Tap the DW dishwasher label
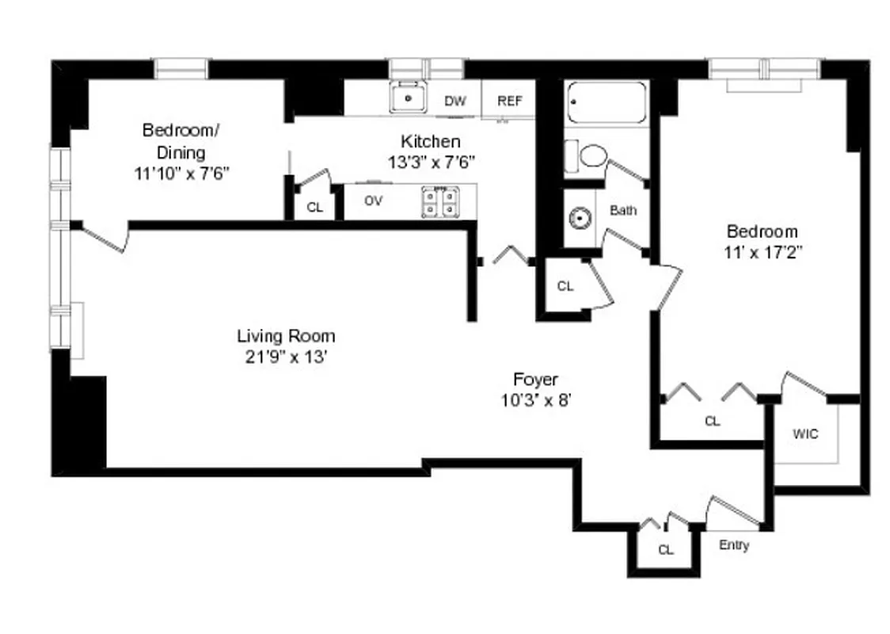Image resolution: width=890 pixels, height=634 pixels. pos(454,101)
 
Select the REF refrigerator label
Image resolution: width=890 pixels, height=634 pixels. pos(508,101)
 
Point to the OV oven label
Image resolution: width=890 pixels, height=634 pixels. pos(374,201)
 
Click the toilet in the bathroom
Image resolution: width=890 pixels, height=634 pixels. pos(591,156)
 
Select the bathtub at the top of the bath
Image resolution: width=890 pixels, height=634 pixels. pos(607,102)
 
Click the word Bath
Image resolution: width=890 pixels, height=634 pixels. pos(623,211)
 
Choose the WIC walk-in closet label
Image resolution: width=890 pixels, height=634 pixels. pos(805,434)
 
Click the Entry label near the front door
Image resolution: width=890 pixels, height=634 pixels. pos(734,546)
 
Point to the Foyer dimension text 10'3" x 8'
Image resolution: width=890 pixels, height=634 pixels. pos(536,400)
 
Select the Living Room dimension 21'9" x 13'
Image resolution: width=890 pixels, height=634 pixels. pos(286,357)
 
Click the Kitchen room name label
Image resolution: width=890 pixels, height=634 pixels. pos(430,142)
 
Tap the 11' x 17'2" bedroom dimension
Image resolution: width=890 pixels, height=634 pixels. pos(763,254)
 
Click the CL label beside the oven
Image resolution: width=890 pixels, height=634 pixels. pos(314,208)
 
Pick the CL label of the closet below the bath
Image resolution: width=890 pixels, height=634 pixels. pos(565,287)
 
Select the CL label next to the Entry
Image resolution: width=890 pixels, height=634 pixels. pos(666,550)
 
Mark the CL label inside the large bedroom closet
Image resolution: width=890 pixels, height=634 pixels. pos(713,422)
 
